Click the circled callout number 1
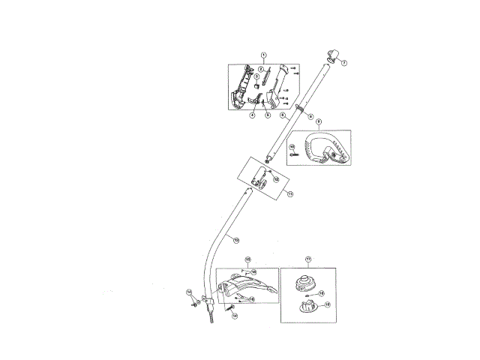[x=263, y=55]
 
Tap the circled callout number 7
[x=344, y=63]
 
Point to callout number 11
[x=289, y=193]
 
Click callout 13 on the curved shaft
[x=236, y=240]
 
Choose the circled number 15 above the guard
[x=248, y=260]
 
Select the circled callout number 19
[x=327, y=305]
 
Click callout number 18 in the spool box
[x=321, y=293]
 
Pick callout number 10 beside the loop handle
[x=292, y=146]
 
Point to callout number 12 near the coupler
[x=275, y=180]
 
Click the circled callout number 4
[x=252, y=115]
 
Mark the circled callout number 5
[x=267, y=115]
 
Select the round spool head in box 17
[x=303, y=285]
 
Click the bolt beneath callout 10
[x=294, y=155]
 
